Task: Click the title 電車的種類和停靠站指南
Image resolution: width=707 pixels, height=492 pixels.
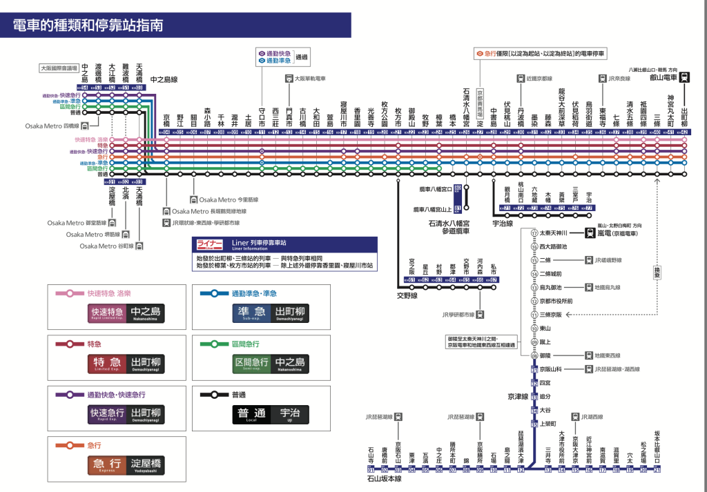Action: pyautogui.click(x=88, y=26)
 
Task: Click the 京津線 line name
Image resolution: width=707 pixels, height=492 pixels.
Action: pyautogui.click(x=518, y=397)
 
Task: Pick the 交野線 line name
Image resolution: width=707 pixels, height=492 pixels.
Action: pyautogui.click(x=407, y=295)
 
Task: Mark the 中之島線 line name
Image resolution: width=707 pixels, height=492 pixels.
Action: pyautogui.click(x=164, y=80)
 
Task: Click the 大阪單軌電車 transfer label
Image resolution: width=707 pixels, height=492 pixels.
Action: pyautogui.click(x=314, y=79)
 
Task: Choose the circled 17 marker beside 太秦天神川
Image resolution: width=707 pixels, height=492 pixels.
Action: pyautogui.click(x=534, y=233)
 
